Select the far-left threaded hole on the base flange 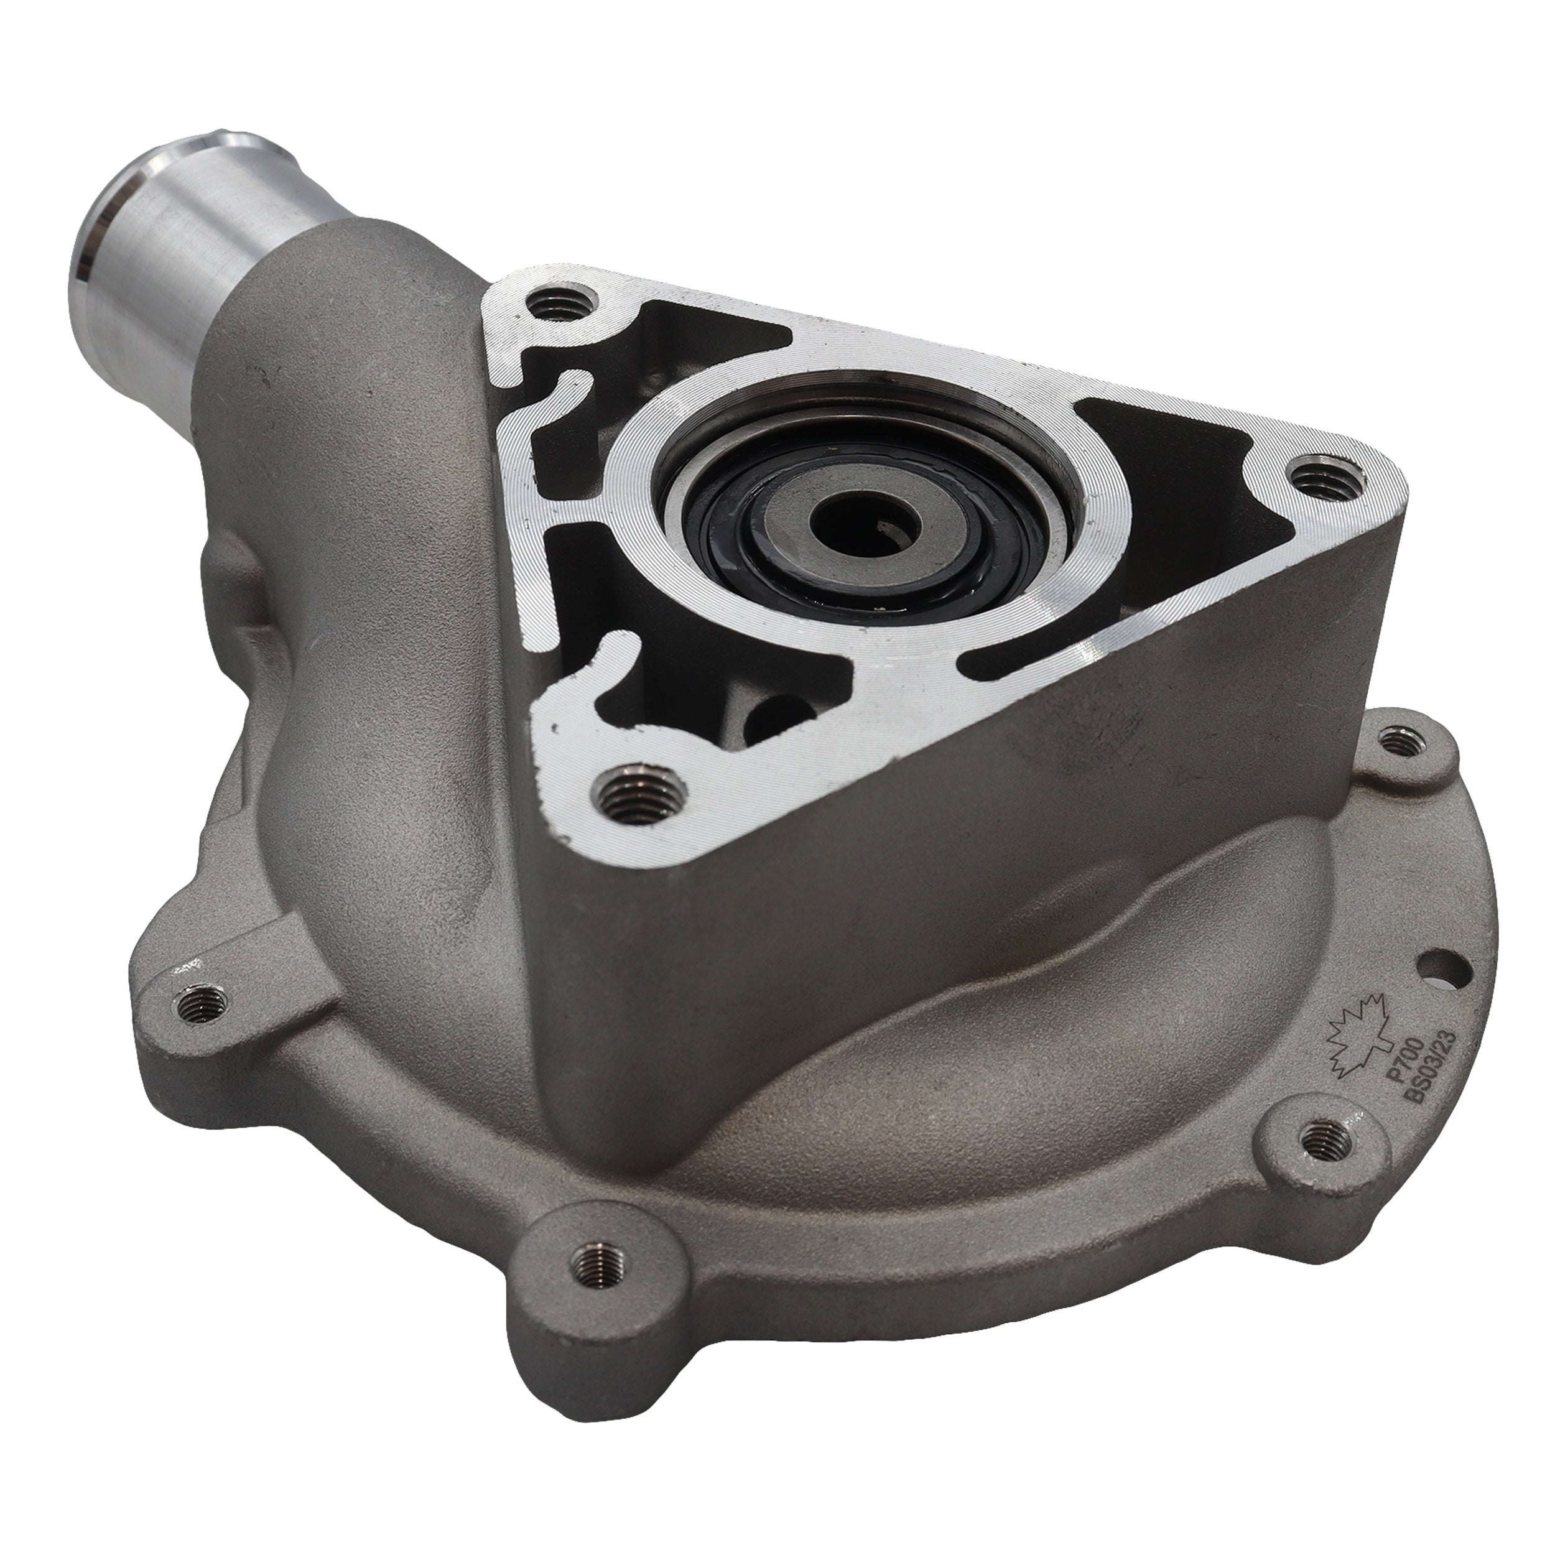point(195,1002)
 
